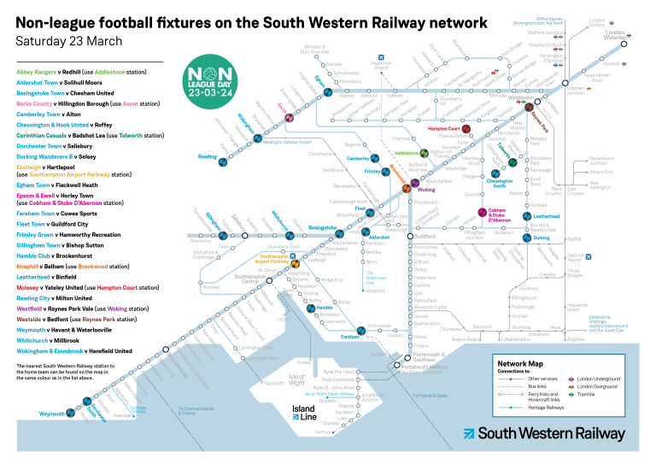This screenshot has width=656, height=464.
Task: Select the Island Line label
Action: (304, 413)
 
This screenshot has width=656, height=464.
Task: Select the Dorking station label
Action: (542, 238)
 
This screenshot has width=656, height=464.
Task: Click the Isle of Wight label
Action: (296, 377)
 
